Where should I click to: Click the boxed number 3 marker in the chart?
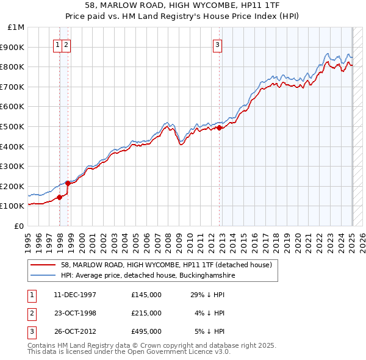point(217,43)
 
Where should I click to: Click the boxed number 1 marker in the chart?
point(57,43)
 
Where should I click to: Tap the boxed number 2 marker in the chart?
point(65,43)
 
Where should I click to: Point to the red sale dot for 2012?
point(220,128)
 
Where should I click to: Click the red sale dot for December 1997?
point(60,197)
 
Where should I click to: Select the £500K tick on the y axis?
point(13,126)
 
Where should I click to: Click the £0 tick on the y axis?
point(19,226)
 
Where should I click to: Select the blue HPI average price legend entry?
point(148,275)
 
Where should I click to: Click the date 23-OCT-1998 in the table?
point(75,313)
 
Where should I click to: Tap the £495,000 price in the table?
point(146,331)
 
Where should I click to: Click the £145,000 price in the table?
point(146,295)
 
